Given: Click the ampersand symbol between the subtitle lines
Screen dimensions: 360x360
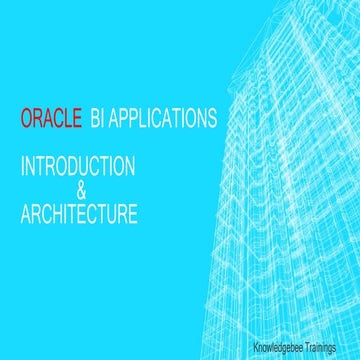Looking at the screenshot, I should tap(82, 190).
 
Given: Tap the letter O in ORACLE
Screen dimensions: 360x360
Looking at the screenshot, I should tap(26, 120).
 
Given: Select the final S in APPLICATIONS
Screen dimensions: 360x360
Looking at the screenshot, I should tap(212, 120).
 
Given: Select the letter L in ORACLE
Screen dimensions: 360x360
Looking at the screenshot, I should tap(63, 120).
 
